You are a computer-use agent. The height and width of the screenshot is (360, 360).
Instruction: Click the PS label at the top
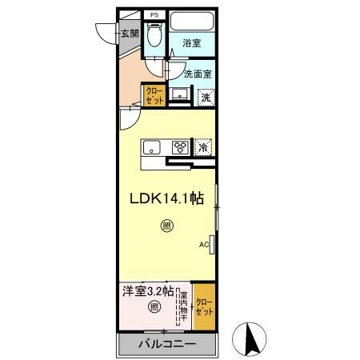click(154, 15)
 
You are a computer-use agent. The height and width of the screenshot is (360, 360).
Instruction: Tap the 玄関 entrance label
click(130, 34)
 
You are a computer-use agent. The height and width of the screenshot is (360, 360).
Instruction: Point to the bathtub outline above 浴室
click(191, 21)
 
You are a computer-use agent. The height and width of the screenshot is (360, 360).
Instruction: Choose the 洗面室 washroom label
click(197, 74)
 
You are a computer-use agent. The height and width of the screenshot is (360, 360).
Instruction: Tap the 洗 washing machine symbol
click(206, 97)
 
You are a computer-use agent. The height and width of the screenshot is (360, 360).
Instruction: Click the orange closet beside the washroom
click(154, 96)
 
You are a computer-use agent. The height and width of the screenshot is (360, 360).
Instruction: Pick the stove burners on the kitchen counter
click(181, 147)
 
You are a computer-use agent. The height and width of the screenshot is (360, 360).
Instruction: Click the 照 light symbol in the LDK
click(166, 226)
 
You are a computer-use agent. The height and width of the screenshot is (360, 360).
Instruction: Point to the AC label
click(203, 245)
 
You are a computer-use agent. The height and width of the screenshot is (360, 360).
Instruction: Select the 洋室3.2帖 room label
click(147, 291)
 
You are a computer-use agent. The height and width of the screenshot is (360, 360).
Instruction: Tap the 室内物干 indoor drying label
click(183, 306)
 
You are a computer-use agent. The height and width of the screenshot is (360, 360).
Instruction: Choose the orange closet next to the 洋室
click(204, 306)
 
